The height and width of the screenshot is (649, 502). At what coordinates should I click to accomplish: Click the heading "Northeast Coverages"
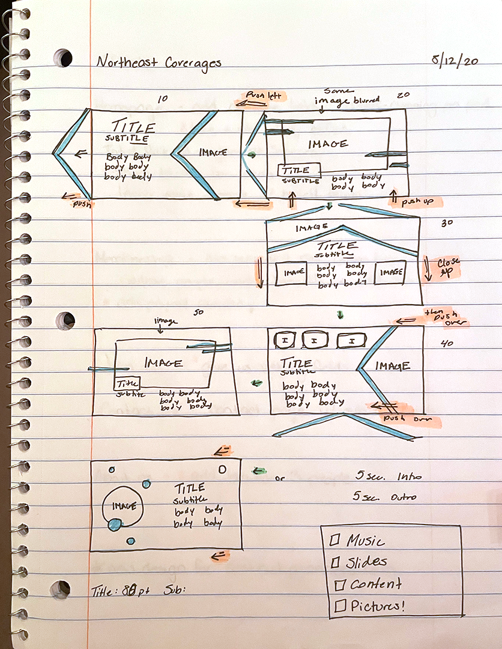pyautogui.click(x=159, y=62)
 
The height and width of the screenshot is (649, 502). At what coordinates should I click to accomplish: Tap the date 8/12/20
pyautogui.click(x=455, y=61)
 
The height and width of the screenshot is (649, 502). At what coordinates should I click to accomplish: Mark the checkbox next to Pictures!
pyautogui.click(x=340, y=606)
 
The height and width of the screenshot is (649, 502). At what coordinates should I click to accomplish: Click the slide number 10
pyautogui.click(x=162, y=99)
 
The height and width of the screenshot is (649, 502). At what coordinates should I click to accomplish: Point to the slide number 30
pyautogui.click(x=446, y=223)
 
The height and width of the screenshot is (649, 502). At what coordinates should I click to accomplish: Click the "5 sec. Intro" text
pyautogui.click(x=388, y=477)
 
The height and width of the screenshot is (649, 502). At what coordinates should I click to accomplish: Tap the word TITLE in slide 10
pyautogui.click(x=133, y=127)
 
